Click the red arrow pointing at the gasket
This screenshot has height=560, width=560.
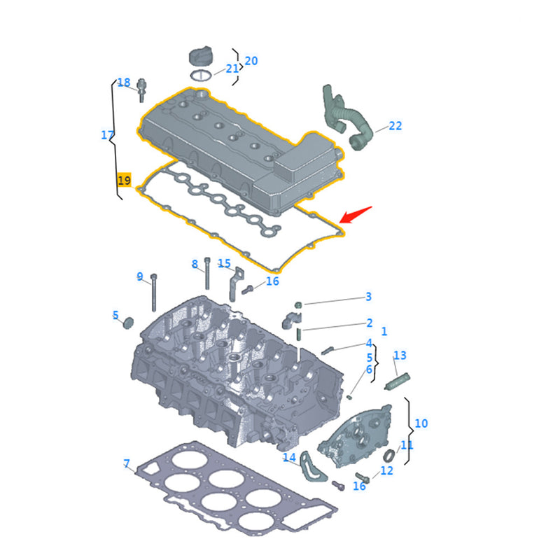point(356,214)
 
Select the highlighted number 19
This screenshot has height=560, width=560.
point(124,180)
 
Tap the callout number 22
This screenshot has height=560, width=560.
point(395,126)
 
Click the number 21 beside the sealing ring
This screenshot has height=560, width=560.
point(232,69)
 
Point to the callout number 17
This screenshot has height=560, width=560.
point(107,135)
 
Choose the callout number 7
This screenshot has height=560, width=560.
point(127,463)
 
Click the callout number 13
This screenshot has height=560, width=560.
point(400,356)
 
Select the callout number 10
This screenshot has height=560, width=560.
point(421,423)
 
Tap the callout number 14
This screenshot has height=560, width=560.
point(289,458)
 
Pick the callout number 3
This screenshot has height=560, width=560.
point(369,297)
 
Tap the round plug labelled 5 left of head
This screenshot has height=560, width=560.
point(127,323)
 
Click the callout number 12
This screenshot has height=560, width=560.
point(386,471)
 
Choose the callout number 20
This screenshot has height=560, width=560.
point(251,61)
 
